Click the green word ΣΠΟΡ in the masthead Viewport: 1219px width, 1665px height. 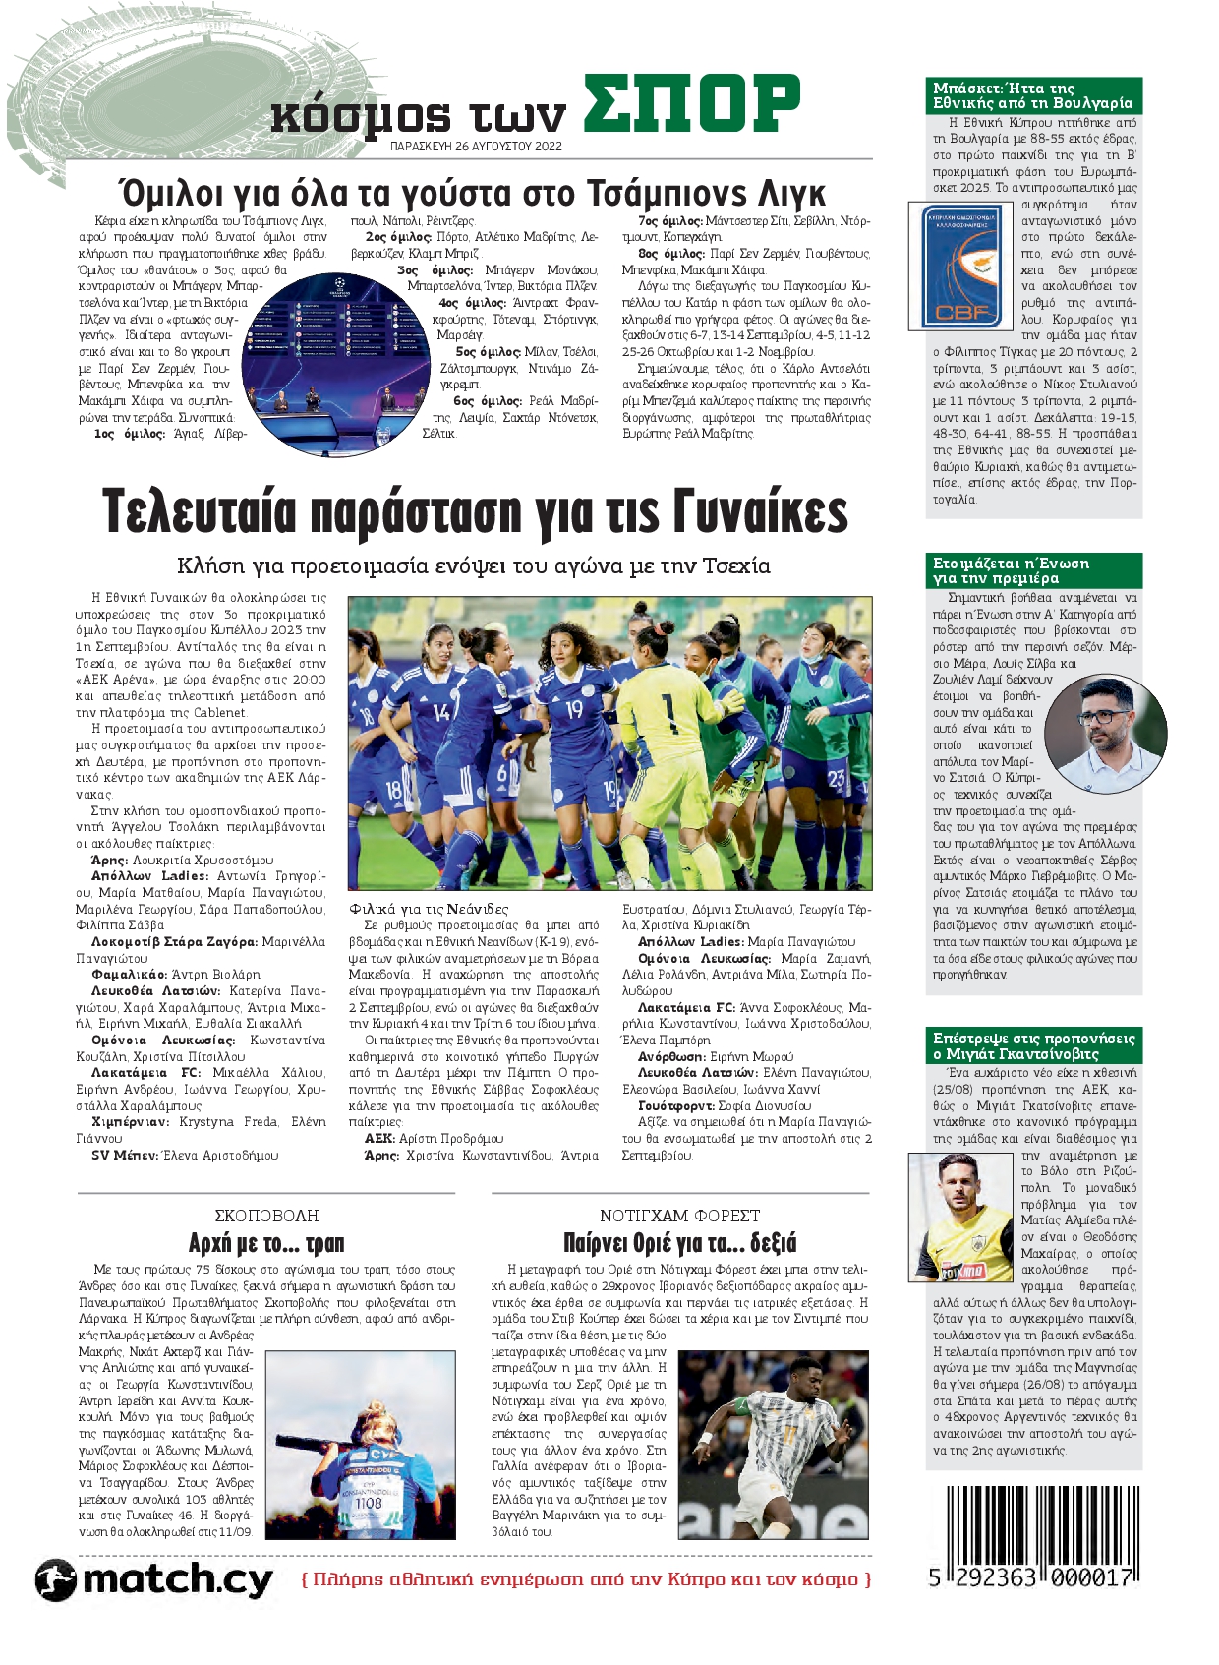click(x=690, y=103)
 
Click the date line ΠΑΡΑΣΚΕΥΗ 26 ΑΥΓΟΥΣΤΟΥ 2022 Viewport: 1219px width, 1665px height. click(x=476, y=146)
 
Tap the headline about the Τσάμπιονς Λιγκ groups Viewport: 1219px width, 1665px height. click(x=471, y=192)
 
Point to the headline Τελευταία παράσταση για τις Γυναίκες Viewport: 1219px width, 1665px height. click(x=475, y=512)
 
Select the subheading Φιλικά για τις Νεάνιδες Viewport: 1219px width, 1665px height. click(x=429, y=909)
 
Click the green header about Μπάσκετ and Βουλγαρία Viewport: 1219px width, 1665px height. click(x=1034, y=95)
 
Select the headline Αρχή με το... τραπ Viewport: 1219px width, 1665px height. click(x=266, y=1243)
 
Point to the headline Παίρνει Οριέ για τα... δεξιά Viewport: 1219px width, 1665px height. click(x=679, y=1243)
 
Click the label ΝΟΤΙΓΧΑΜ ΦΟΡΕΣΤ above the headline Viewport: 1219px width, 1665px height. click(x=679, y=1216)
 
